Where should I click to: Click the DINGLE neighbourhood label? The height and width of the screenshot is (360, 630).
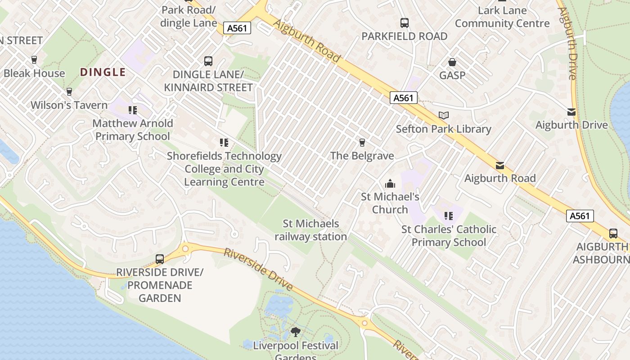coord(103,72)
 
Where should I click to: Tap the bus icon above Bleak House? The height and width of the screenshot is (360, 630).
coord(34,59)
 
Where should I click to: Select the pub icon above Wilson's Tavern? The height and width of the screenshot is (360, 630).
coord(69,92)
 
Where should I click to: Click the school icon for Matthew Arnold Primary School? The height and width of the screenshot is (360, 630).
coord(132,110)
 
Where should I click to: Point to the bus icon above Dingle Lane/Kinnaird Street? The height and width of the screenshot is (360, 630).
coord(208,61)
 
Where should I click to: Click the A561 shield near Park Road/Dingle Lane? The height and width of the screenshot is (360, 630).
coord(237,28)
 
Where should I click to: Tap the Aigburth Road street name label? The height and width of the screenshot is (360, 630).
coord(306,41)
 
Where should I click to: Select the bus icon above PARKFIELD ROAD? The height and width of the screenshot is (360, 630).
coord(404,23)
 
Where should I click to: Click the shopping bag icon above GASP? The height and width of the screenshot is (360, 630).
coord(452,62)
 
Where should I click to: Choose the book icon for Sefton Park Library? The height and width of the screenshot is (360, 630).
coord(444,116)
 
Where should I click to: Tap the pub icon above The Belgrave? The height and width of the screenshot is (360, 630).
coord(362,143)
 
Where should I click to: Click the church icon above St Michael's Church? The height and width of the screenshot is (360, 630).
coord(390,184)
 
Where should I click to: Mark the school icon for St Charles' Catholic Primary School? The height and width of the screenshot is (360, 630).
coord(448,216)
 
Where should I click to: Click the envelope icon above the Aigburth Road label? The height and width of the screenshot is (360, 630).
coord(499,165)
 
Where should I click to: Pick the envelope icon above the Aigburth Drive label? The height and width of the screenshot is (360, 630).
coord(571,112)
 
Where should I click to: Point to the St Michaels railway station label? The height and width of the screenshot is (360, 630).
coord(311,230)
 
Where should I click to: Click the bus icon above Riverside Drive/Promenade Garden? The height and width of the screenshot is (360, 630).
coord(160,259)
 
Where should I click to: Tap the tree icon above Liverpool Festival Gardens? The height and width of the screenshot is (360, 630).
coord(295,333)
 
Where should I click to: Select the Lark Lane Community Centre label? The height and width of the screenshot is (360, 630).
coord(502,17)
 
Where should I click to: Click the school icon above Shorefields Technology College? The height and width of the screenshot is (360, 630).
coord(224,143)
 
